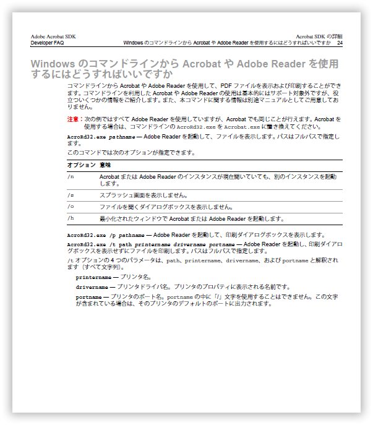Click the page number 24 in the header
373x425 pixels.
[x=340, y=43]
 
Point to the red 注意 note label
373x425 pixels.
[x=73, y=118]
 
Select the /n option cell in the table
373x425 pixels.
[x=71, y=177]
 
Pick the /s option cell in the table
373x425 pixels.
[x=71, y=195]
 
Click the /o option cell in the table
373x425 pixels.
[x=71, y=207]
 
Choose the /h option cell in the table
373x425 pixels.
[x=71, y=218]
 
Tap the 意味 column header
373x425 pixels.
[x=105, y=165]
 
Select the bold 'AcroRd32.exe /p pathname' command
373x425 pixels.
[x=105, y=235]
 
